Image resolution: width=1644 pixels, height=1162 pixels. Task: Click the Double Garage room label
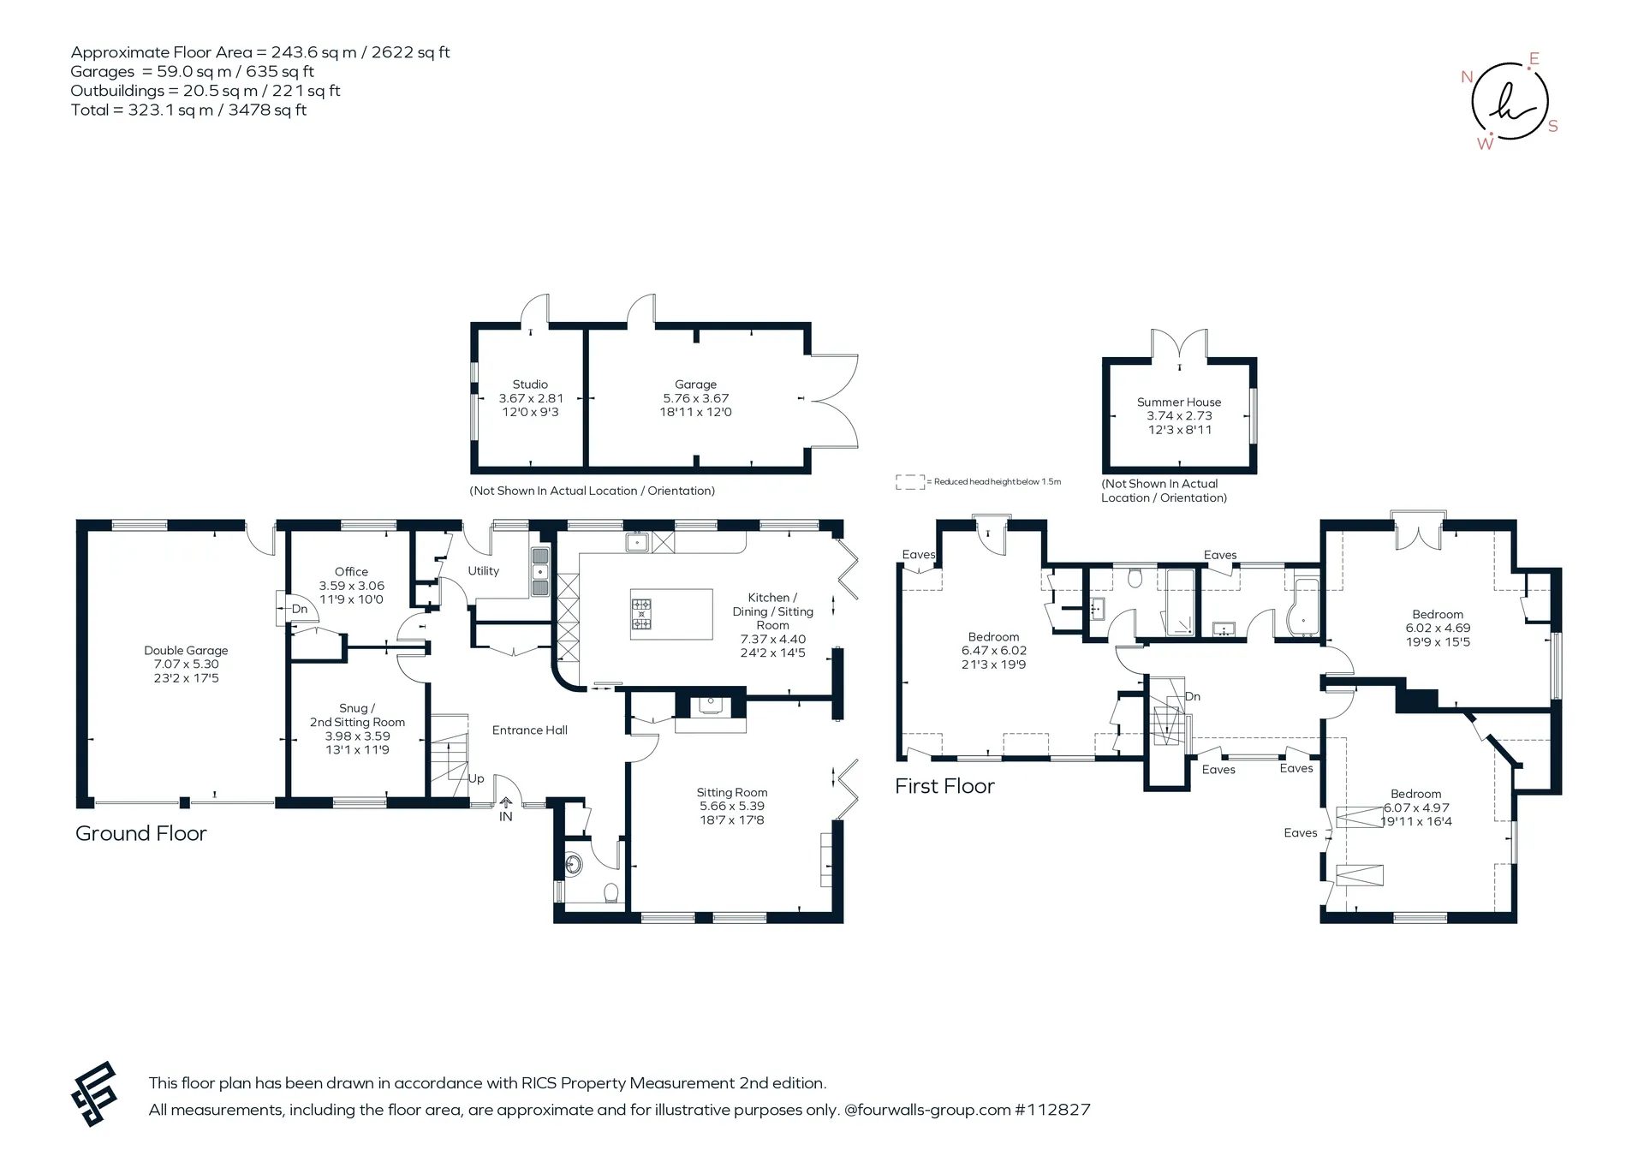pos(186,664)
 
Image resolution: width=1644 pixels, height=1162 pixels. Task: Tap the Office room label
pos(351,585)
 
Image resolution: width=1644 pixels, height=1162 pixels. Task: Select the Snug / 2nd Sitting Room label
pos(357,729)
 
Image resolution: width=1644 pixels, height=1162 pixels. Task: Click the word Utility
pos(483,571)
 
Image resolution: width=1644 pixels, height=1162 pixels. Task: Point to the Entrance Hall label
pos(530,730)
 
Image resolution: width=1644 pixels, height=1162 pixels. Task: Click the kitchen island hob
pos(641,613)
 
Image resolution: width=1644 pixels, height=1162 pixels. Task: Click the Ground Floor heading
pos(141,833)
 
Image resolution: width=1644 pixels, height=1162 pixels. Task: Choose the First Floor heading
pos(944,786)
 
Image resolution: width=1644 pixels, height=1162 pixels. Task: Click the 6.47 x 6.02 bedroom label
pos(993,651)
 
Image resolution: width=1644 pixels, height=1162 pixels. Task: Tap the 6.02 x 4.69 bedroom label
pos(1438,628)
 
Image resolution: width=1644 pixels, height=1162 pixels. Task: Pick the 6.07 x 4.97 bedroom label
pos(1416,807)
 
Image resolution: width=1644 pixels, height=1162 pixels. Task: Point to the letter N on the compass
pos(1467,77)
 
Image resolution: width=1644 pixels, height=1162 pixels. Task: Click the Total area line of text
pos(188,110)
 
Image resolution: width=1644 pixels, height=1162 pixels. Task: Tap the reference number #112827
pos(1052,1110)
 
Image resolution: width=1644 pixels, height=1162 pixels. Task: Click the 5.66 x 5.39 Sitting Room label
pos(732,806)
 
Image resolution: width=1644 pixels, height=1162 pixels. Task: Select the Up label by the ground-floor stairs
pos(476,778)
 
